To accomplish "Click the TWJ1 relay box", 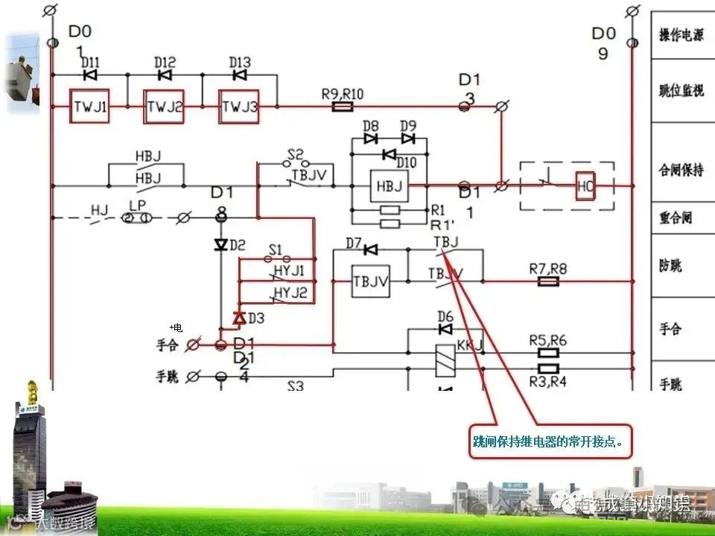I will pyautogui.click(x=90, y=107).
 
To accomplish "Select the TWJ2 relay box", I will pyautogui.click(x=165, y=107).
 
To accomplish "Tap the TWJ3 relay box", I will pyautogui.click(x=239, y=107).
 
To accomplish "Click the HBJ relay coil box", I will pyautogui.click(x=388, y=185).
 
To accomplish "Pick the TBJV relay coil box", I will pyautogui.click(x=370, y=281).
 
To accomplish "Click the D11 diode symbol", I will pyautogui.click(x=90, y=75).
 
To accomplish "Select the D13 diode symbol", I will pyautogui.click(x=240, y=75).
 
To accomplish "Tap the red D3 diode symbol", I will pyautogui.click(x=239, y=318).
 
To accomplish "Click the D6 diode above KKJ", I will pyautogui.click(x=445, y=328).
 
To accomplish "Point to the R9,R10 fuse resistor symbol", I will pyautogui.click(x=342, y=107).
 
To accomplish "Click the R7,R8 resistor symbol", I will pyautogui.click(x=548, y=281).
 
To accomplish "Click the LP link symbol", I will pyautogui.click(x=137, y=217).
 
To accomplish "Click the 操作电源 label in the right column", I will pyautogui.click(x=681, y=35).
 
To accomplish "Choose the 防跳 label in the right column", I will pyautogui.click(x=670, y=266).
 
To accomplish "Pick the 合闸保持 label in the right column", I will pyautogui.click(x=681, y=170).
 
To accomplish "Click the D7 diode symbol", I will pyautogui.click(x=369, y=249).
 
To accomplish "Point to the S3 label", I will pyautogui.click(x=296, y=386).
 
